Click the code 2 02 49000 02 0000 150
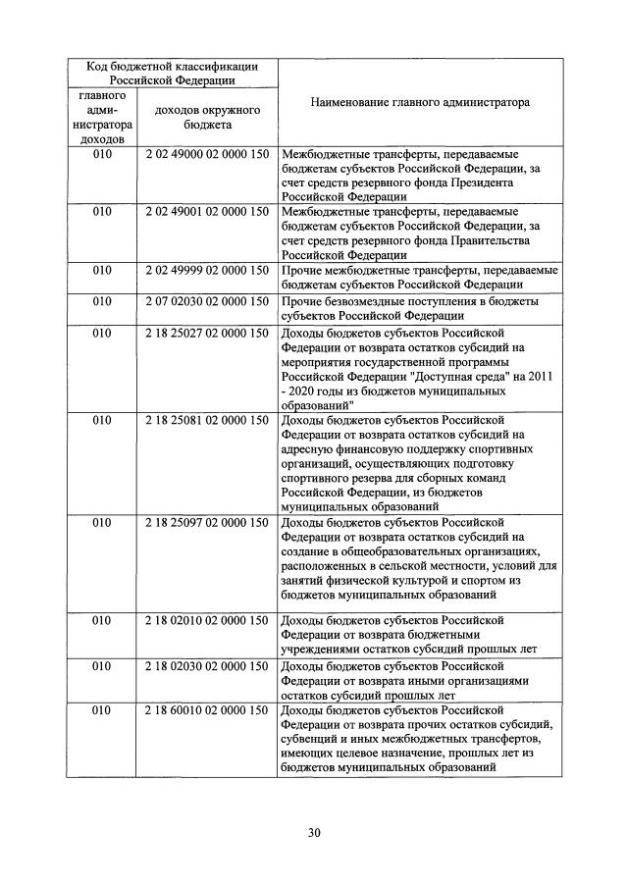(x=206, y=155)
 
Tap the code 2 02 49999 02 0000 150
(x=206, y=270)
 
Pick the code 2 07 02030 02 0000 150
(x=206, y=300)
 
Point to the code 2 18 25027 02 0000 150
(x=206, y=333)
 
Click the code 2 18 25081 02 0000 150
(x=206, y=420)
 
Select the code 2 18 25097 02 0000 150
(x=206, y=522)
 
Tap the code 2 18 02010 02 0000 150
(x=206, y=620)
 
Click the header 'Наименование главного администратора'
(x=419, y=101)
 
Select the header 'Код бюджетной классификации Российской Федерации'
(x=172, y=74)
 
